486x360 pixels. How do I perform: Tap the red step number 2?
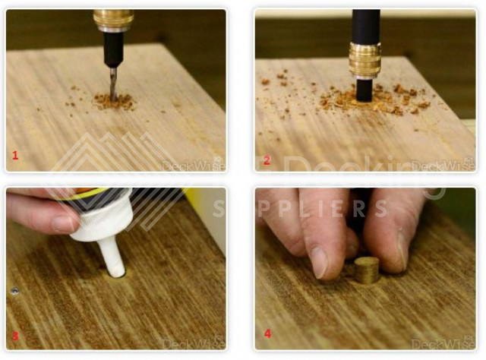click(267, 159)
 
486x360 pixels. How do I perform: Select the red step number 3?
click(14, 334)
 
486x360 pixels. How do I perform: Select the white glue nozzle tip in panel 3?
click(114, 266)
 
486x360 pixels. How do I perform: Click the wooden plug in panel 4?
click(368, 270)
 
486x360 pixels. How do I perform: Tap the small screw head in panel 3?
click(14, 290)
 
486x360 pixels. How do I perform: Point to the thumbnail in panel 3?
click(65, 223)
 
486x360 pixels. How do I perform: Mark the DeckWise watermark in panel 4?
click(446, 343)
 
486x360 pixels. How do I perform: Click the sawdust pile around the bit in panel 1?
click(114, 101)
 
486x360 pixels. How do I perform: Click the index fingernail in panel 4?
click(319, 261)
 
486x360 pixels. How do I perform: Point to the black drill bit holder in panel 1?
click(113, 49)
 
